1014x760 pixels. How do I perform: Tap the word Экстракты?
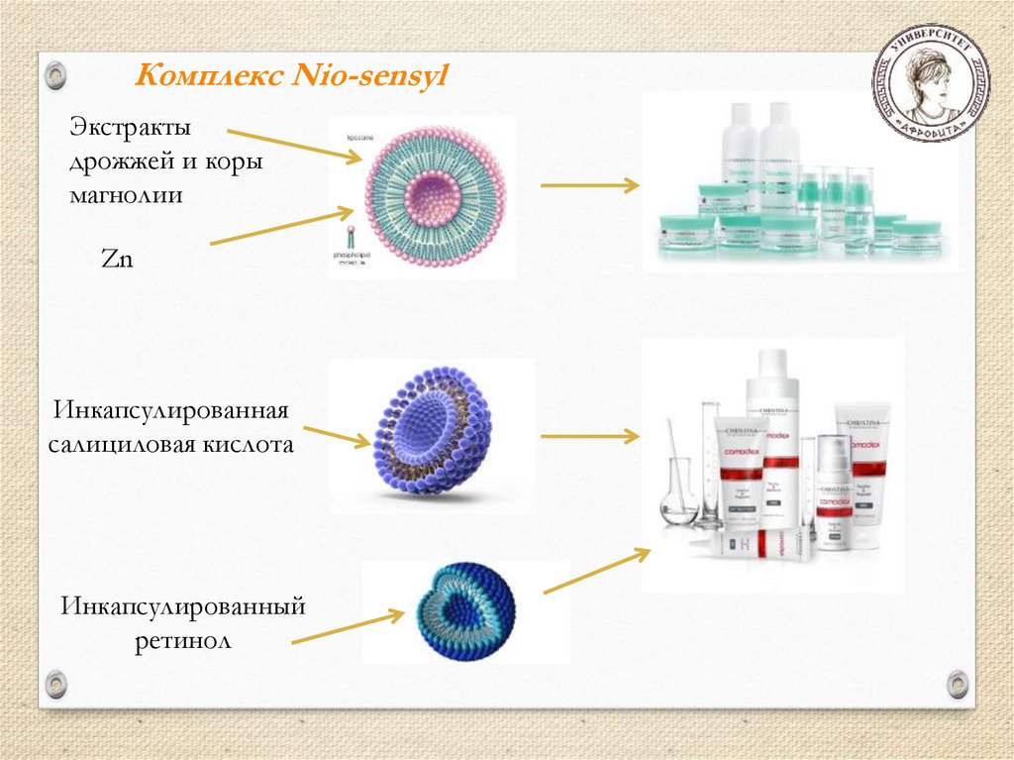click(130, 129)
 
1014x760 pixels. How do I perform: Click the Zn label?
click(117, 260)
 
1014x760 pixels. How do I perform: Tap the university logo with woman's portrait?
click(929, 84)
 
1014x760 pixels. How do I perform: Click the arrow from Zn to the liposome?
click(282, 227)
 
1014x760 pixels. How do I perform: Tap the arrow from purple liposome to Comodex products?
click(589, 435)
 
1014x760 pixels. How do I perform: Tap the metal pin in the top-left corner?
click(56, 74)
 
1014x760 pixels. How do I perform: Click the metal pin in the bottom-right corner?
click(957, 683)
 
